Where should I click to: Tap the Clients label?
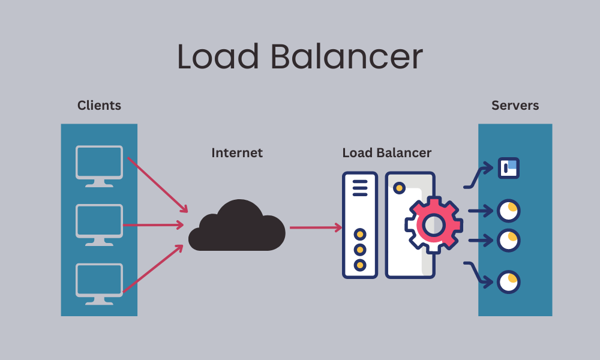99,106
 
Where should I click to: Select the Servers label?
515,106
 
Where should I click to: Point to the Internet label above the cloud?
237,153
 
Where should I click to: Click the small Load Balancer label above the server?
386,153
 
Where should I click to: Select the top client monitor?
99,163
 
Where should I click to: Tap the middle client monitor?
99,223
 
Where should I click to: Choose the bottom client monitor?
99,281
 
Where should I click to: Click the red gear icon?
433,224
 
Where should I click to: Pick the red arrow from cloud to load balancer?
315,227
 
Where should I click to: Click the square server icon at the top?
509,168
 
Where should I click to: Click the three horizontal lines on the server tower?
360,187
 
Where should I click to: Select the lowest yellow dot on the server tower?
360,264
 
